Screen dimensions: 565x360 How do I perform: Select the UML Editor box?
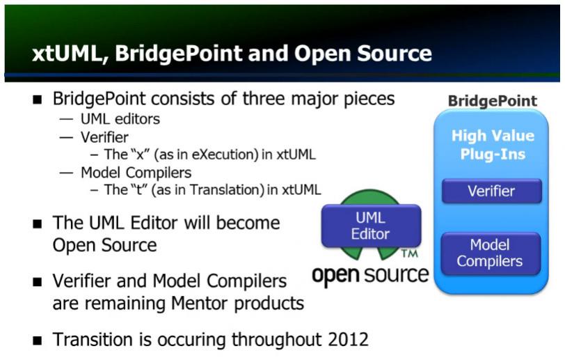coord(371,226)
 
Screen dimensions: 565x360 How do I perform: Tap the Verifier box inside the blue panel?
coord(491,191)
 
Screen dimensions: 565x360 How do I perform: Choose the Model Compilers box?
coord(491,253)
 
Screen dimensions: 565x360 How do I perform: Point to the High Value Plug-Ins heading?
coord(493,145)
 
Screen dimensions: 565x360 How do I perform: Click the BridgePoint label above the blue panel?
coord(492,101)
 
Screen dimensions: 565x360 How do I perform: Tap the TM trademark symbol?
coord(409,254)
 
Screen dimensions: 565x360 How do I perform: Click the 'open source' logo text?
coord(370,275)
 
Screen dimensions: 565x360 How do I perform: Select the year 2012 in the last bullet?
coord(349,339)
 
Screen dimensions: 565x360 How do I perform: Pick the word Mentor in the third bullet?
coord(200,304)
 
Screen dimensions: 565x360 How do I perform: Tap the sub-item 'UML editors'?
coord(120,119)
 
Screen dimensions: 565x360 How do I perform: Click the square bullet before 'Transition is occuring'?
coord(37,341)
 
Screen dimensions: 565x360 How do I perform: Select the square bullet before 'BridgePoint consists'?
coord(37,100)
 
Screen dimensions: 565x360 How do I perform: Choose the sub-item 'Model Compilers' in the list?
coord(136,173)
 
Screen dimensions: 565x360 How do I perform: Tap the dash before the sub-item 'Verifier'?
coord(66,138)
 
